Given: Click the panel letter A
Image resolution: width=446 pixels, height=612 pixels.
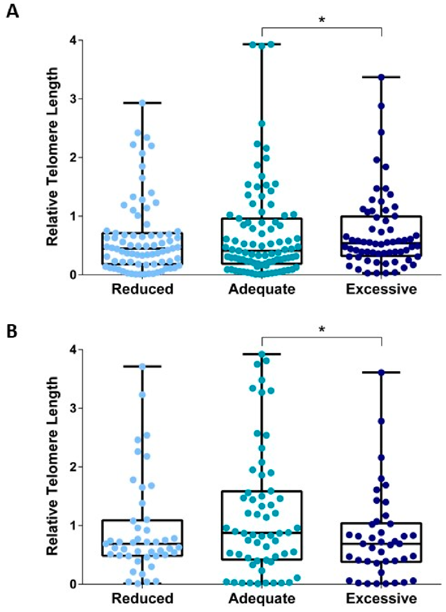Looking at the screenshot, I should (x=12, y=11).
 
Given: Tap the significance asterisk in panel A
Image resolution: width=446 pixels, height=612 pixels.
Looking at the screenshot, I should (x=321, y=20).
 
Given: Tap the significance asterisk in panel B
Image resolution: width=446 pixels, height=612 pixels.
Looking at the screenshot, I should (x=321, y=330).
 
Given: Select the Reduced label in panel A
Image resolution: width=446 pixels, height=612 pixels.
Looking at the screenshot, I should (x=142, y=289).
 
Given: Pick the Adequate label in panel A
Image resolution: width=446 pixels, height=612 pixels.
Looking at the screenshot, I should (x=262, y=289).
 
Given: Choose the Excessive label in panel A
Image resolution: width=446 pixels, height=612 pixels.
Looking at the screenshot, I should (x=381, y=289).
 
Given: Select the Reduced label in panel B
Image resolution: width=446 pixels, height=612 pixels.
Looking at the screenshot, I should (x=142, y=598).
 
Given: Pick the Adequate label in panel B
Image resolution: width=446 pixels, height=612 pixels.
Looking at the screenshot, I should (x=262, y=598).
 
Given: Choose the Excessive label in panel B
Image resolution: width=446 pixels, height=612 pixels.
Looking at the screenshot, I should (x=381, y=598).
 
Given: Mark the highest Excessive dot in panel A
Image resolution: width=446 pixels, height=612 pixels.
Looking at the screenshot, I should (x=381, y=77).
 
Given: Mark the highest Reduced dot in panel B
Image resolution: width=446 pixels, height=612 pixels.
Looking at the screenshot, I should (x=142, y=366).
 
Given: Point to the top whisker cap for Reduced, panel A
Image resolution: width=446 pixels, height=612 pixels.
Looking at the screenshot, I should (x=142, y=102).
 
